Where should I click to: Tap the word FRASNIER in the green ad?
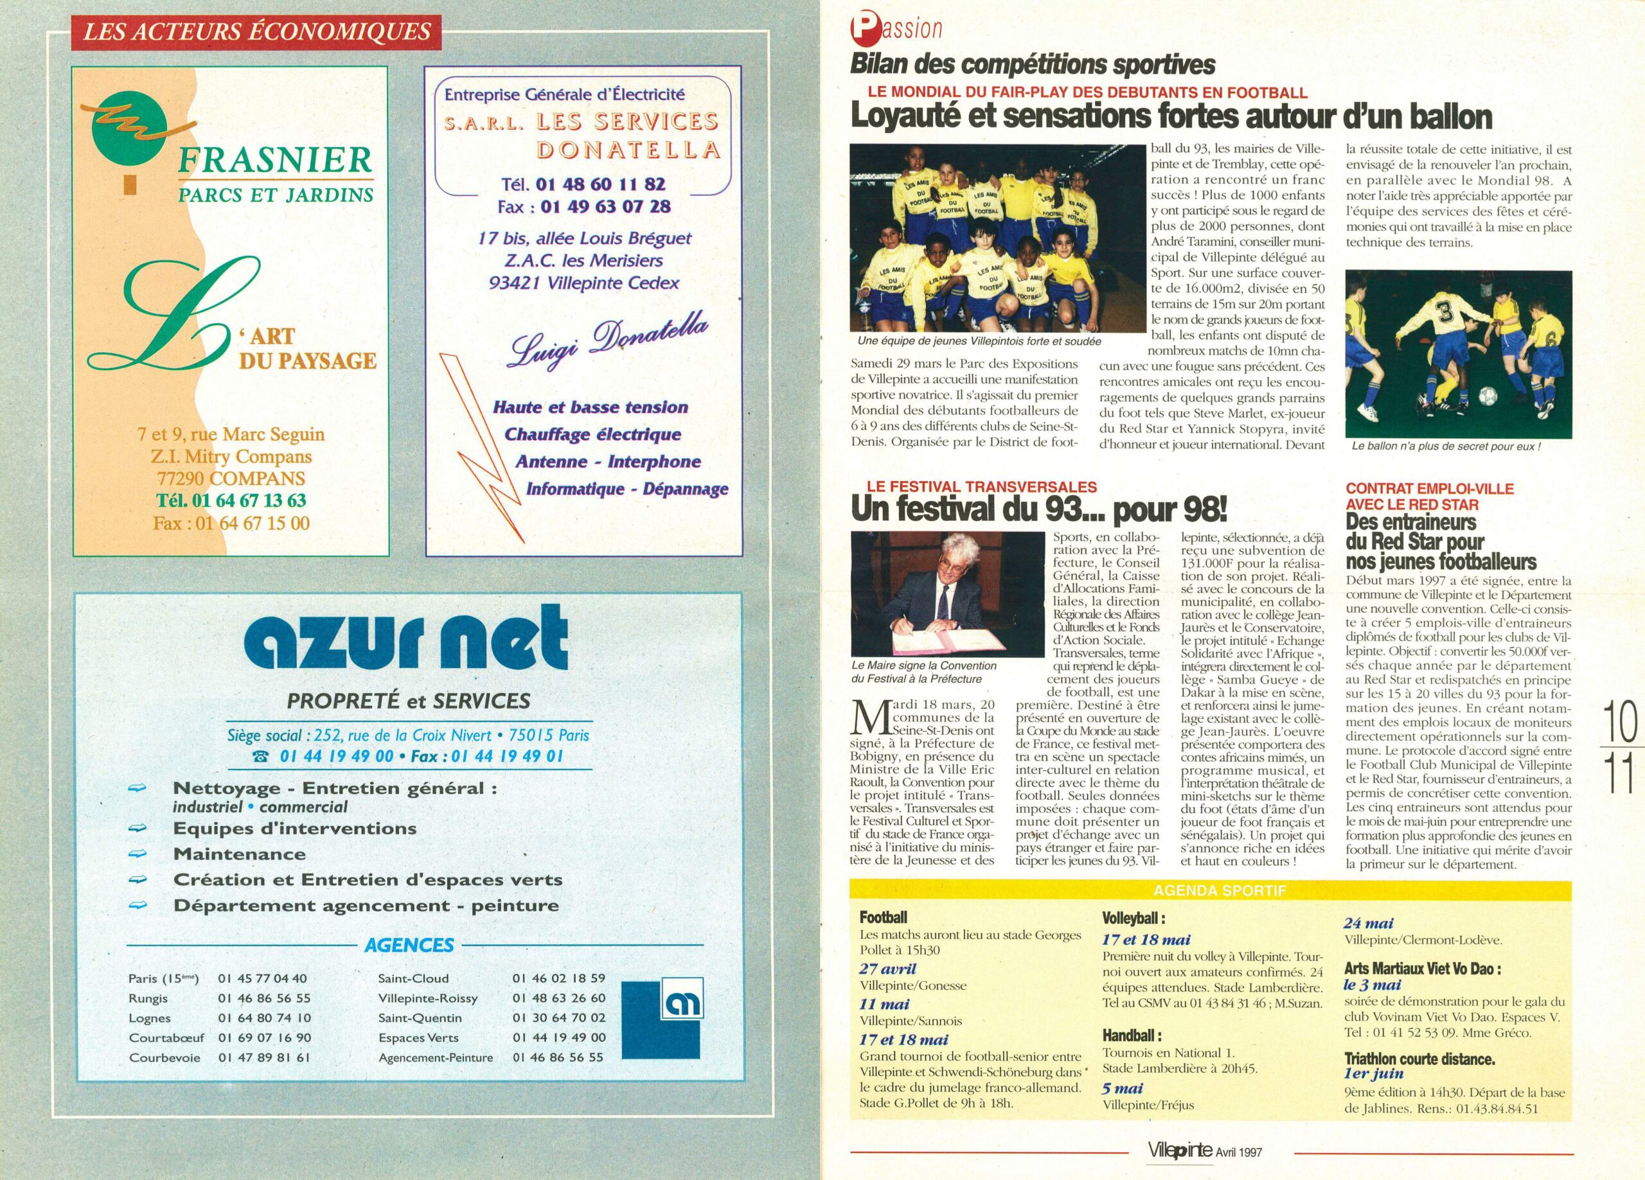[274, 159]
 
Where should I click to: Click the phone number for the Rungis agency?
[263, 998]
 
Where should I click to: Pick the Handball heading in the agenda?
[1131, 1035]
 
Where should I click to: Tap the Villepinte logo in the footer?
[1179, 1150]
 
